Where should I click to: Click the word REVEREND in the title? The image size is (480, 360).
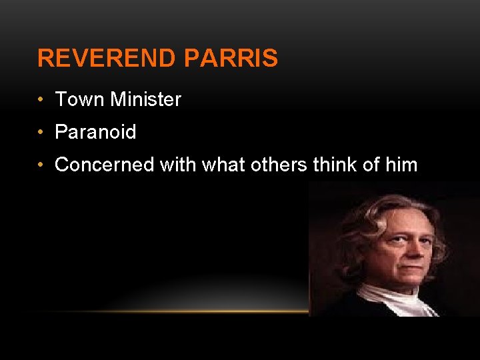(x=107, y=59)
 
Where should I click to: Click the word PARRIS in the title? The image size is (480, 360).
(x=231, y=59)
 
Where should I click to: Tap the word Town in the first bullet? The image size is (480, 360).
(x=80, y=100)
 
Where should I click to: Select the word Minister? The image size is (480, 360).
(x=146, y=100)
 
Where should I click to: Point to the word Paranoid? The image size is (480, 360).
(x=95, y=132)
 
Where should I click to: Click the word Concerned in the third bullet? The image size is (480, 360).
(x=104, y=165)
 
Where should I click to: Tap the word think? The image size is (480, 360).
(x=337, y=165)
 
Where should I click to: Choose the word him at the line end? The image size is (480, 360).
(x=401, y=165)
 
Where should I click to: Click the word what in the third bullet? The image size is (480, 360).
(x=223, y=165)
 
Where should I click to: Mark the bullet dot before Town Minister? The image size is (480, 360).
(x=41, y=100)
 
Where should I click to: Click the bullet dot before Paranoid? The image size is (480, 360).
(x=41, y=132)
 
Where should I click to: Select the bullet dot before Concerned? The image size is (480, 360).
(x=41, y=165)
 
